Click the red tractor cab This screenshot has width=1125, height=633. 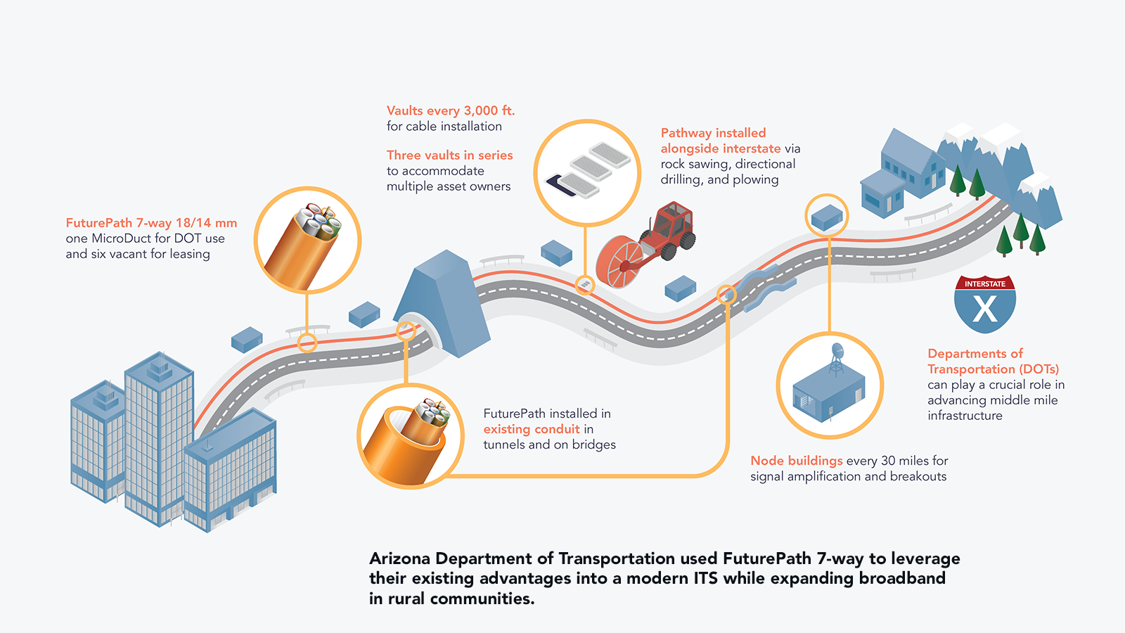673,222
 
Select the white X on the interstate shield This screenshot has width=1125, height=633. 984,309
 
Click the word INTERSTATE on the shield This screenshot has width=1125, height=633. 984,284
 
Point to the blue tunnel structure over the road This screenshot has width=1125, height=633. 443,302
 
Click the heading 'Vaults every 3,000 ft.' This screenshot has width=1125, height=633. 451,111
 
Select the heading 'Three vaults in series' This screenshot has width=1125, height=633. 449,155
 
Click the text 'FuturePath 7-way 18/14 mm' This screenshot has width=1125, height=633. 151,223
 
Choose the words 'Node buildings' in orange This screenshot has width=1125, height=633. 796,461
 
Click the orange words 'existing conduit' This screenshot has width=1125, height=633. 532,429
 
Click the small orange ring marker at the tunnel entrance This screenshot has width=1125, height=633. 406,331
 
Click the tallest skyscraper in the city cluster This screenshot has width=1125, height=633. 158,436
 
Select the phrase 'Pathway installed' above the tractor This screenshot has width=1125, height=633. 713,133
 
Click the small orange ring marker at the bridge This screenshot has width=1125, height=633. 726,295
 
